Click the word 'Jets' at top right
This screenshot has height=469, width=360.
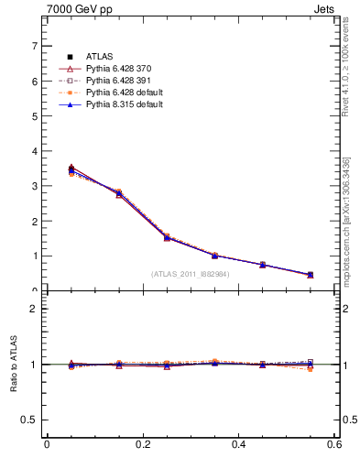tap(326, 10)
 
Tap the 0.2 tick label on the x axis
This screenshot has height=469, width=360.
tap(142, 445)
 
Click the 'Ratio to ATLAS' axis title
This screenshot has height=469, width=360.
tap(14, 365)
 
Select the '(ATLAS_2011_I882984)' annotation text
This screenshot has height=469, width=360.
tap(190, 274)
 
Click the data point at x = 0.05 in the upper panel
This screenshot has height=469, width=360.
tap(71, 169)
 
